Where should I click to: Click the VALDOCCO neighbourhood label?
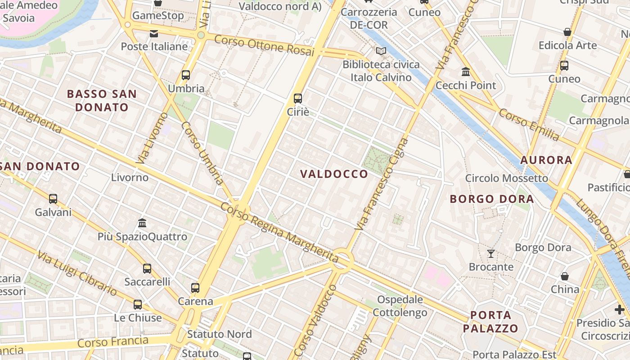pos(334,174)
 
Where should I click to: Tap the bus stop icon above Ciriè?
pos(297,98)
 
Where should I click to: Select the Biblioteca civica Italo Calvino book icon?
pos(381,51)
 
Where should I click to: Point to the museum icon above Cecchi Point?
pos(466,72)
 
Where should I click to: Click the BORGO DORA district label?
pos(492,199)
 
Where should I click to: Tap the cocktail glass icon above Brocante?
pos(491,254)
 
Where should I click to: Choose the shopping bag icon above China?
pos(565,276)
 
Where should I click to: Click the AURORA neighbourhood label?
pos(546,160)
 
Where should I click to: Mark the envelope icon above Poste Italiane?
pos(154,33)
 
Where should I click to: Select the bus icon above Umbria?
pos(186,75)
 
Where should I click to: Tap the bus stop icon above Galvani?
pos(53,198)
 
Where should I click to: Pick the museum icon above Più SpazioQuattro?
pos(142,223)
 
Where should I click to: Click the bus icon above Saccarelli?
pos(147,269)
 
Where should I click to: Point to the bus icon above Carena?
pos(195,288)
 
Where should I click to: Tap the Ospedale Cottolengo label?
pos(400,306)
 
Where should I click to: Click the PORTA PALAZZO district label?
pos(490,321)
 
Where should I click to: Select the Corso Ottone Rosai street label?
pos(264,45)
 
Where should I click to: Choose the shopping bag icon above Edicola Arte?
pos(567,32)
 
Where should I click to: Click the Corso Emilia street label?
pos(529,125)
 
